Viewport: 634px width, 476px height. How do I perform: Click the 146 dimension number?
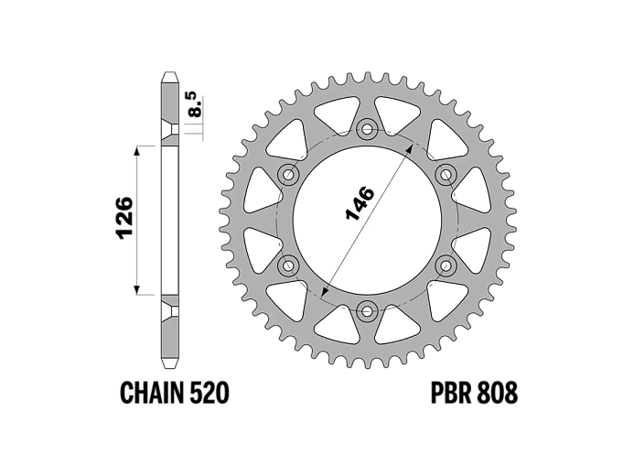click(x=360, y=204)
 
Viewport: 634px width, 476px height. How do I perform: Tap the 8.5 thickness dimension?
click(x=194, y=104)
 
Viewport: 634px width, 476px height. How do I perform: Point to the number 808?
click(x=498, y=393)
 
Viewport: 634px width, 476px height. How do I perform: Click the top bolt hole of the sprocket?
click(x=367, y=129)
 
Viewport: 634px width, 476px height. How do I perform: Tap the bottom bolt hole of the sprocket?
click(x=367, y=311)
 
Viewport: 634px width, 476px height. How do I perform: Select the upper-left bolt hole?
click(x=289, y=175)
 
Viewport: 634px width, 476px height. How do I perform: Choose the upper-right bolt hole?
click(x=446, y=175)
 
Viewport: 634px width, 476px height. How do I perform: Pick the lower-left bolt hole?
click(x=289, y=265)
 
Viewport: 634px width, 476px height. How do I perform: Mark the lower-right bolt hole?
click(x=446, y=265)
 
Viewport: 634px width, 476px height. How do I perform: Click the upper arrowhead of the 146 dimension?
click(x=410, y=147)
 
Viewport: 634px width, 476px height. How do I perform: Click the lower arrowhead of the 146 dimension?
click(x=324, y=292)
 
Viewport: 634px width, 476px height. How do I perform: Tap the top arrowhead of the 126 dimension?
click(x=137, y=149)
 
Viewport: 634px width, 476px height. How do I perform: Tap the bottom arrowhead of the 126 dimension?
click(x=137, y=290)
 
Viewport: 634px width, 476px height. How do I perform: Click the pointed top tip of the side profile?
click(x=170, y=73)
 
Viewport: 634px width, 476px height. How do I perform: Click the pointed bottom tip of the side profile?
click(x=170, y=367)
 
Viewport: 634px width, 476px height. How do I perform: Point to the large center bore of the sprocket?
click(x=367, y=220)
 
